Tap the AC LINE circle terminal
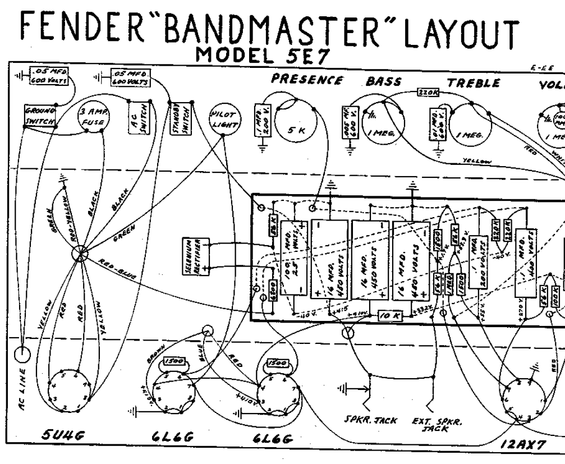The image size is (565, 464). [21, 355]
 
